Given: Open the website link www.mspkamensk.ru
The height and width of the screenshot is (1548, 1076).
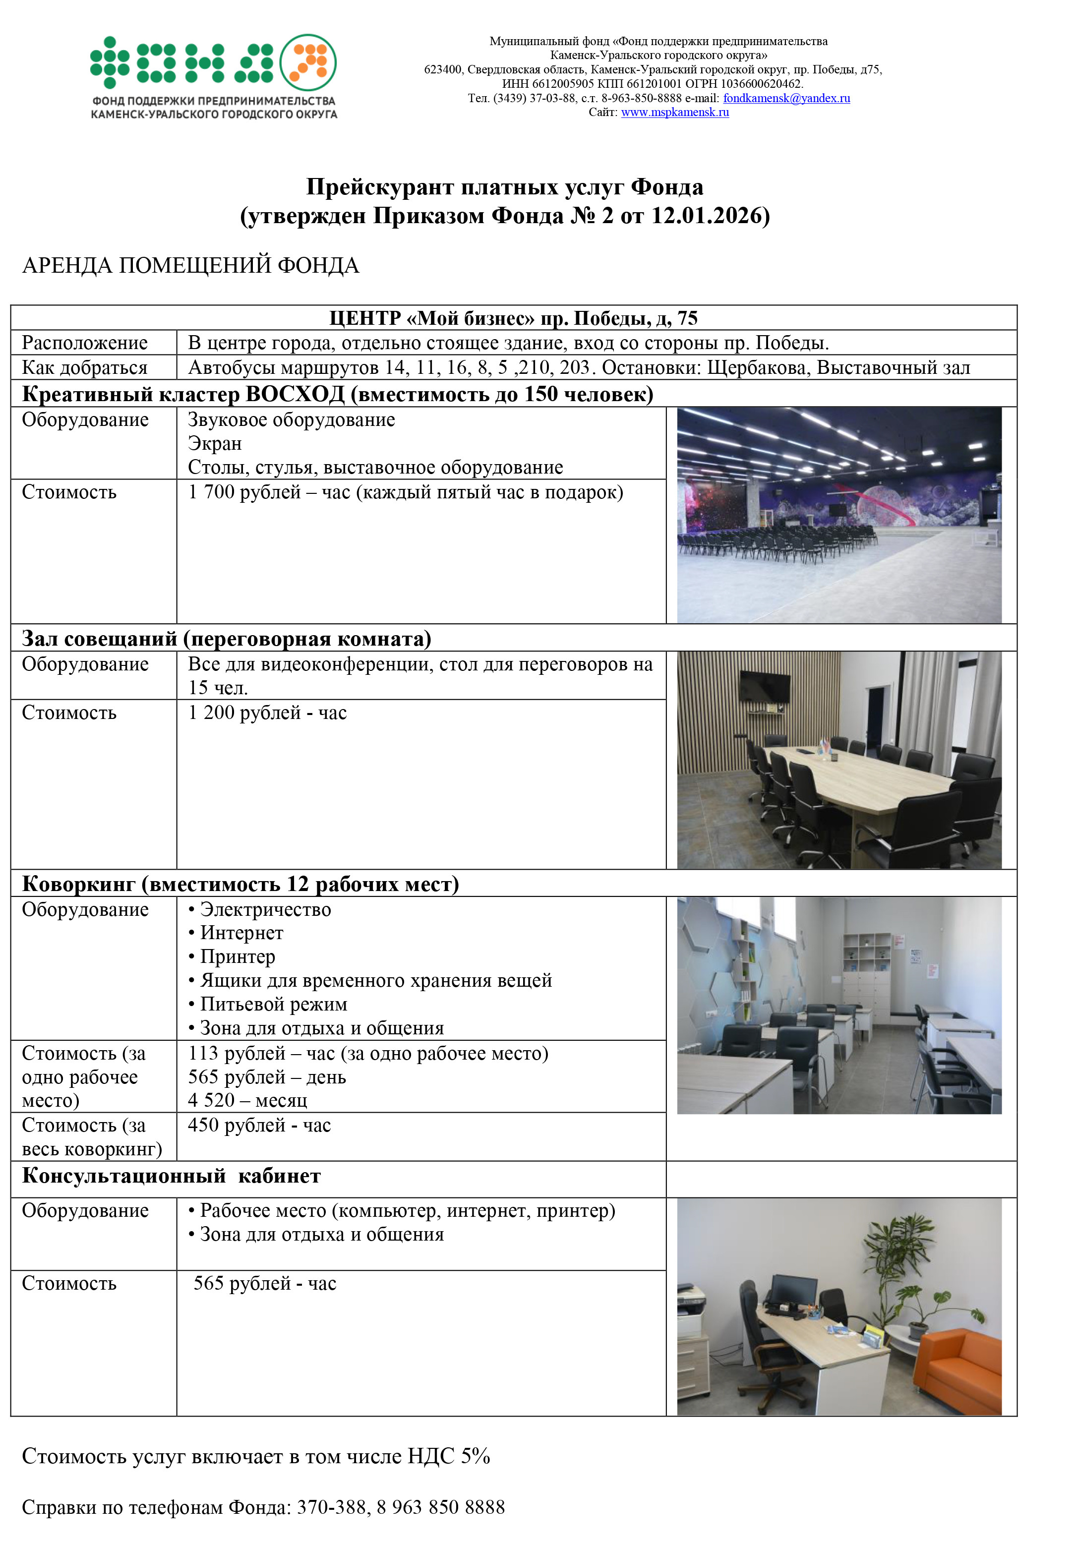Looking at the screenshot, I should click(675, 113).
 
